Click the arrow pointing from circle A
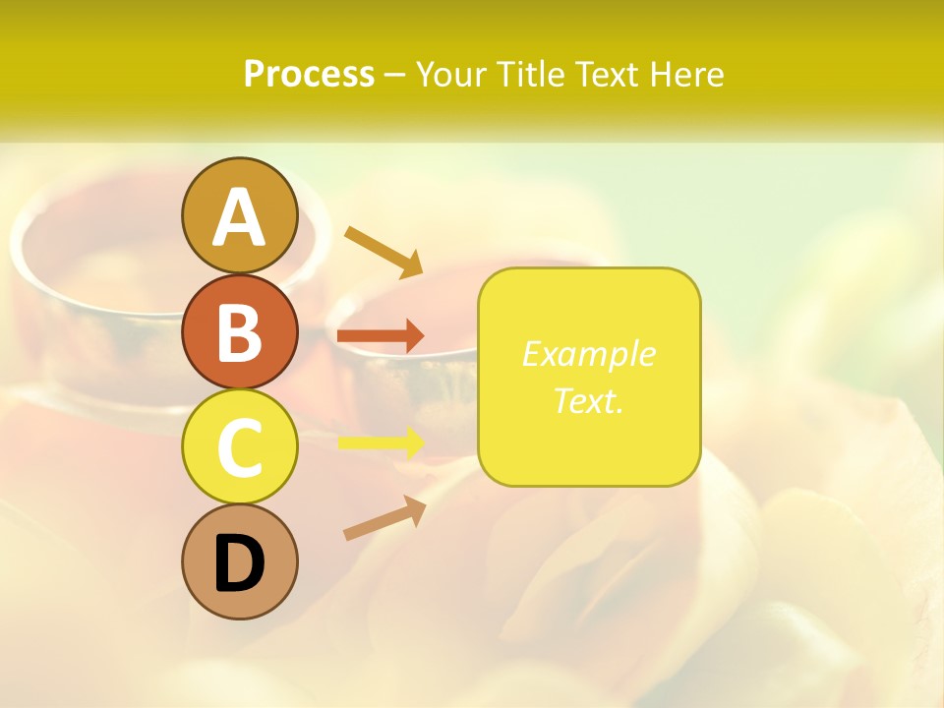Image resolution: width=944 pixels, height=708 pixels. click(x=383, y=251)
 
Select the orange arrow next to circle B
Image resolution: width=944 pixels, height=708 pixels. click(x=381, y=336)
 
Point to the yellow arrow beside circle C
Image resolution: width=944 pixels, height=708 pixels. click(x=382, y=442)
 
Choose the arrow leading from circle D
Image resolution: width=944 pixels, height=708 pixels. click(x=384, y=518)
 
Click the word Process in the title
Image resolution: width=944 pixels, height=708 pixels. click(x=309, y=75)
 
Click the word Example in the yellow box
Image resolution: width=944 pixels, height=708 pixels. click(x=588, y=354)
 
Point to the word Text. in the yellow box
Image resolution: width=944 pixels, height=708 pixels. click(x=588, y=400)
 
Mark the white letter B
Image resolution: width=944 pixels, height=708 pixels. click(x=239, y=332)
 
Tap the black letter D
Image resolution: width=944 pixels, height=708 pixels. click(x=239, y=563)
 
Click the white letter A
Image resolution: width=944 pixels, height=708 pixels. click(x=239, y=216)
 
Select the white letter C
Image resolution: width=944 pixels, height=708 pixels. click(x=239, y=447)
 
